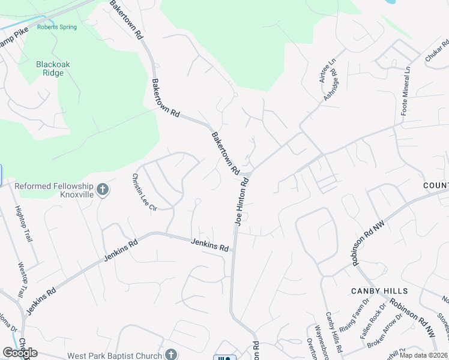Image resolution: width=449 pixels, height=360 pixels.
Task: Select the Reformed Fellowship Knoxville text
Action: point(54,191)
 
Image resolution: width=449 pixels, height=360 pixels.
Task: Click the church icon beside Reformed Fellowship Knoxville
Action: point(103,190)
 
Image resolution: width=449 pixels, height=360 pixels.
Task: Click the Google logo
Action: point(20,353)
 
